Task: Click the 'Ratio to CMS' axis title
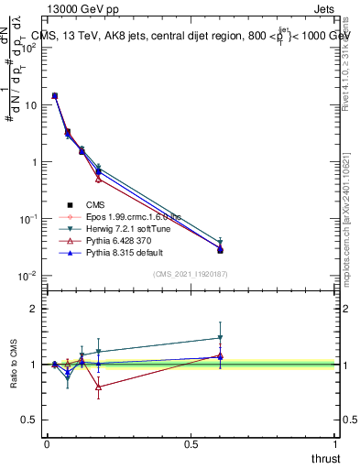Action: [15, 365]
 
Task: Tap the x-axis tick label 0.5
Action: [191, 443]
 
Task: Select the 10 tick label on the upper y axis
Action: [30, 105]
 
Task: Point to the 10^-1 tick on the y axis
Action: [28, 219]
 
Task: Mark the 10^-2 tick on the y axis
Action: [28, 276]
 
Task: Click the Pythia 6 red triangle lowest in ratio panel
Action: [98, 387]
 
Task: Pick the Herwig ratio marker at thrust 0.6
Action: [220, 338]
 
